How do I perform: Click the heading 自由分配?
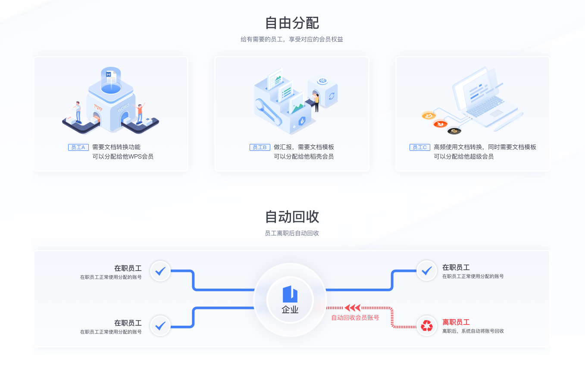click(x=292, y=23)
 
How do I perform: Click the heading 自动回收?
click(x=292, y=217)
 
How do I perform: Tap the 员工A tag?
click(x=78, y=147)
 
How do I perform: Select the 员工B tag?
click(x=260, y=147)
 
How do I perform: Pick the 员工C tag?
click(x=420, y=147)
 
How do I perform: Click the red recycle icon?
click(x=427, y=326)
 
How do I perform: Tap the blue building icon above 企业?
click(x=290, y=294)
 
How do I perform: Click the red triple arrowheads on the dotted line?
click(x=352, y=308)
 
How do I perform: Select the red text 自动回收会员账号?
click(x=355, y=318)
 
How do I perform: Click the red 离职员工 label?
click(x=456, y=322)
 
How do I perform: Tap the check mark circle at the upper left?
click(x=160, y=271)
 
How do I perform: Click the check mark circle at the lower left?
click(x=160, y=326)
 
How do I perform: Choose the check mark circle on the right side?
click(x=427, y=271)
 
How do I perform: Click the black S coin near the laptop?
click(x=454, y=131)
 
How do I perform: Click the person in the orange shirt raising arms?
click(x=140, y=113)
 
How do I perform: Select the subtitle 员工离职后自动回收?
click(x=292, y=233)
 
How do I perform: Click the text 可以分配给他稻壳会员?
click(x=304, y=157)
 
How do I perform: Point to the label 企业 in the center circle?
click(x=290, y=310)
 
